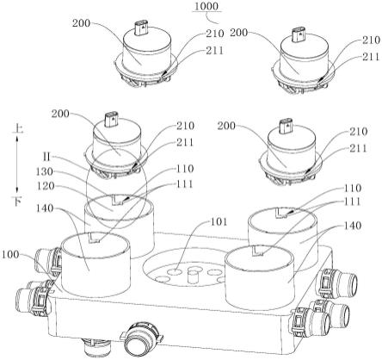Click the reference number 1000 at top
(x=206, y=6)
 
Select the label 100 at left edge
(x=10, y=254)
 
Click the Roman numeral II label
(x=46, y=157)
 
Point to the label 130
(x=45, y=171)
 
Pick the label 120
(x=46, y=186)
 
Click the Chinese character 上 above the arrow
(x=17, y=129)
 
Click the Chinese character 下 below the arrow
(x=17, y=202)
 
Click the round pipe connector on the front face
(x=142, y=339)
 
